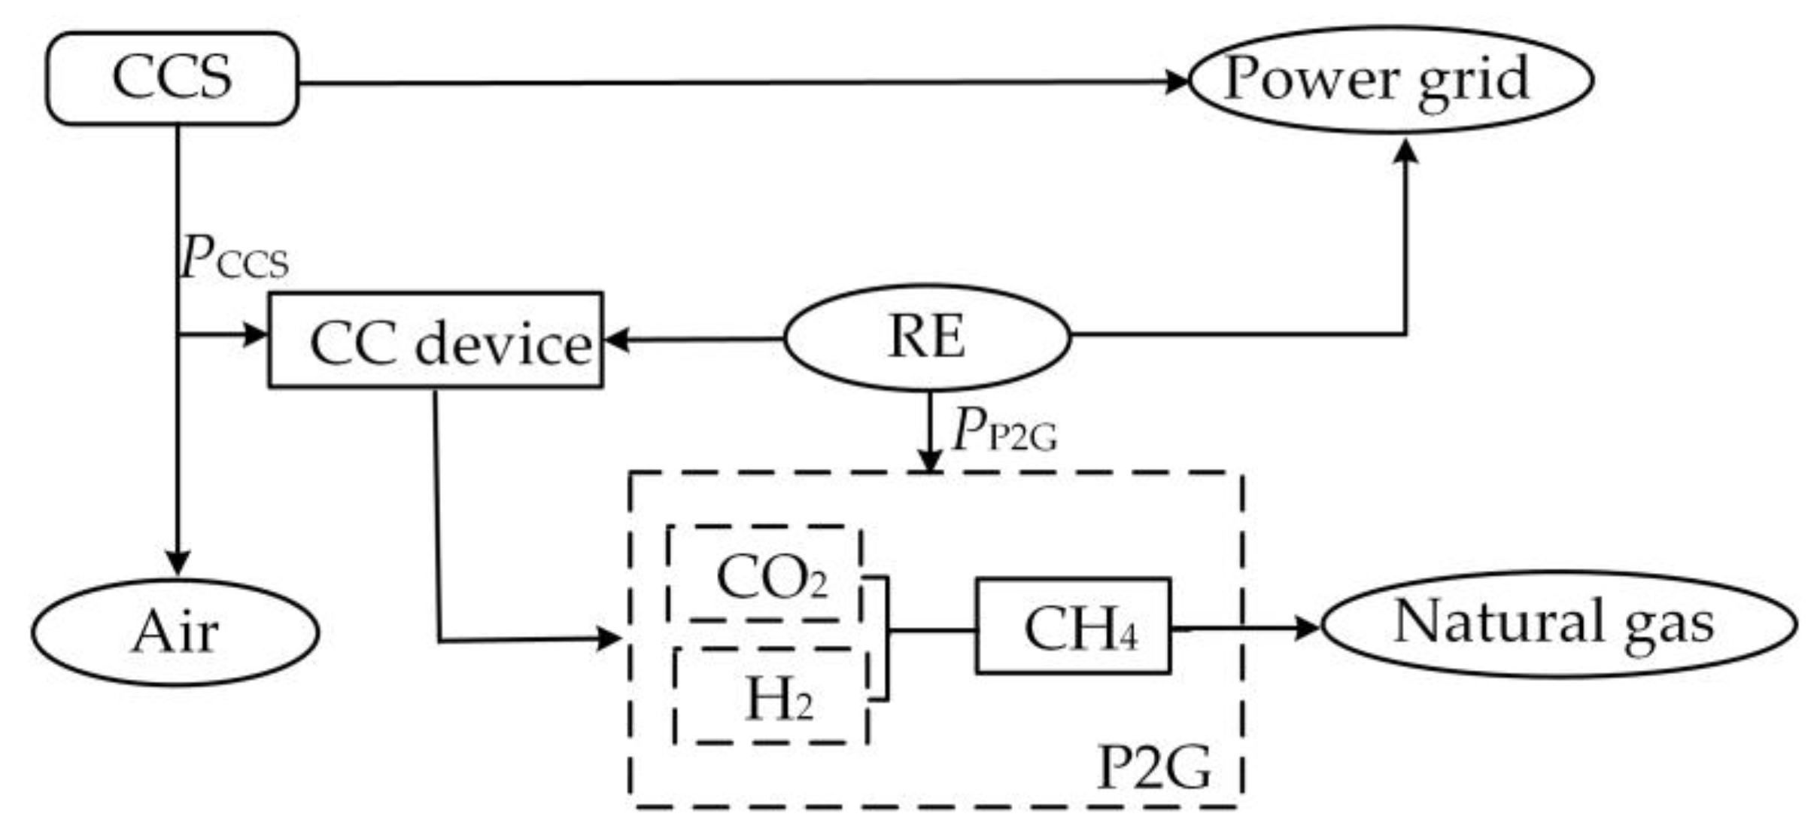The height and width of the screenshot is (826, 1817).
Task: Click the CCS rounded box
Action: pyautogui.click(x=172, y=78)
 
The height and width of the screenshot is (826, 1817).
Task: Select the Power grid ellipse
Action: pyautogui.click(x=1390, y=80)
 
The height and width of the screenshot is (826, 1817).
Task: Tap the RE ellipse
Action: pyautogui.click(x=926, y=337)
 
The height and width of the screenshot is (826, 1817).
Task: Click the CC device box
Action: pyautogui.click(x=436, y=340)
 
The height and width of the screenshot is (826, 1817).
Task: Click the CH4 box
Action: pyautogui.click(x=1073, y=626)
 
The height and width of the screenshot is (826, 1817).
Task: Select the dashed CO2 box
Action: pyautogui.click(x=764, y=574)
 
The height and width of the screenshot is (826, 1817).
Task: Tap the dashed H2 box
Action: pyautogui.click(x=771, y=695)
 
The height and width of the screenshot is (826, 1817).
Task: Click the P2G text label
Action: pyautogui.click(x=1154, y=768)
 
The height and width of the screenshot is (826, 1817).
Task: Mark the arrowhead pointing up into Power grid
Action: pyautogui.click(x=1405, y=150)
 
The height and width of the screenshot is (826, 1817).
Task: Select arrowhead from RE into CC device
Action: pyautogui.click(x=616, y=340)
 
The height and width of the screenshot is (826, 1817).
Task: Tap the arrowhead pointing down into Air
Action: pyautogui.click(x=178, y=562)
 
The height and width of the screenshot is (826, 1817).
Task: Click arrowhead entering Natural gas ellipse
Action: pyautogui.click(x=1308, y=627)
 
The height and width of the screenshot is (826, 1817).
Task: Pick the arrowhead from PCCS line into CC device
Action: pyautogui.click(x=257, y=334)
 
